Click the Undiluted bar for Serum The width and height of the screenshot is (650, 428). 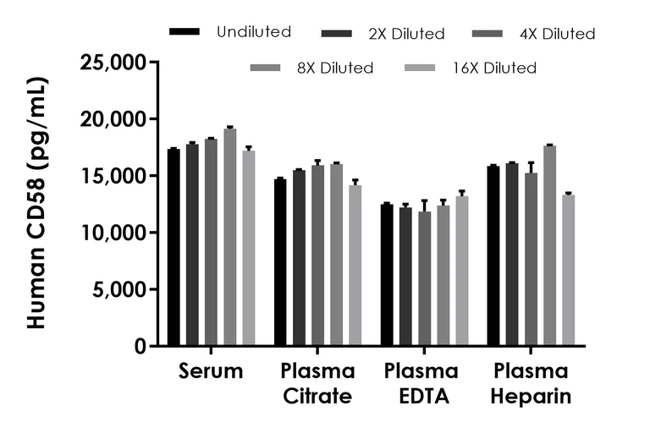pyautogui.click(x=174, y=247)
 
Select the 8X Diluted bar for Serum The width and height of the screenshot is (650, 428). pyautogui.click(x=229, y=237)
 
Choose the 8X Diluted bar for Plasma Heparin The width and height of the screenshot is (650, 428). pyautogui.click(x=549, y=245)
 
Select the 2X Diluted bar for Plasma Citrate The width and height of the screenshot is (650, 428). pyautogui.click(x=299, y=258)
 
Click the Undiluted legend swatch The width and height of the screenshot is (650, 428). pyautogui.click(x=185, y=32)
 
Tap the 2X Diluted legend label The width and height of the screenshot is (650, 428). pyautogui.click(x=406, y=34)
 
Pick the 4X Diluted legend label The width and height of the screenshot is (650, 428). pyautogui.click(x=557, y=34)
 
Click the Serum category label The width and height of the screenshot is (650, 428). pyautogui.click(x=211, y=371)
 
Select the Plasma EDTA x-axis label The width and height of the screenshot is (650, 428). pyautogui.click(x=421, y=383)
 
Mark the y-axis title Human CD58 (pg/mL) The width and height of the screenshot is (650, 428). pyautogui.click(x=37, y=203)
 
